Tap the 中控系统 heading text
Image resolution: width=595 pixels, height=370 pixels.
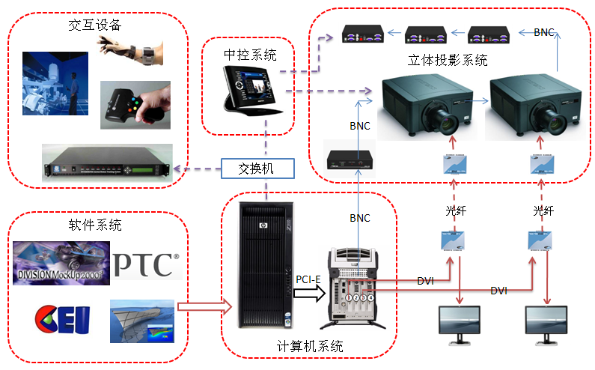[x=250, y=55]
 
